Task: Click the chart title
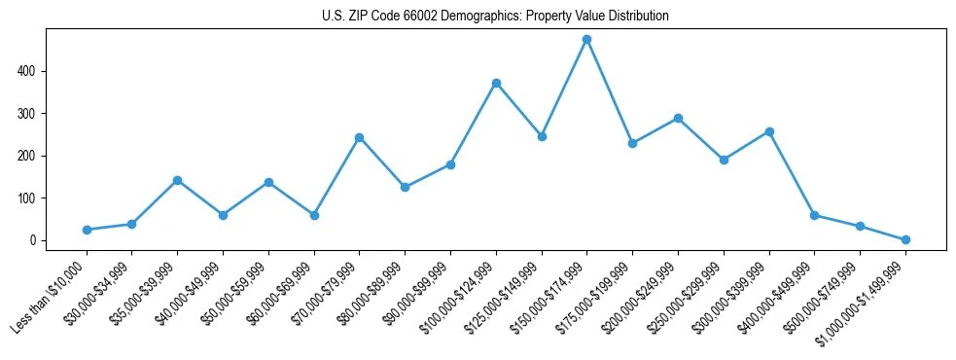click(x=495, y=17)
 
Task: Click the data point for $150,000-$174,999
click(x=586, y=40)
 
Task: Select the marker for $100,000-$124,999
click(x=496, y=84)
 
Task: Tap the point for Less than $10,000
click(x=87, y=230)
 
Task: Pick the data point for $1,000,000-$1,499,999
click(x=905, y=239)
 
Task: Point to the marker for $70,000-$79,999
click(x=359, y=137)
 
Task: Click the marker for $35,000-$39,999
click(x=177, y=180)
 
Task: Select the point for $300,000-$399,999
click(x=769, y=131)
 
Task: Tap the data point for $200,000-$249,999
click(x=678, y=119)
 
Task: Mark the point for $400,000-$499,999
click(x=814, y=215)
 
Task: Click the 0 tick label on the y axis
click(x=33, y=240)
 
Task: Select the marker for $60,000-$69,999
click(x=314, y=215)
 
